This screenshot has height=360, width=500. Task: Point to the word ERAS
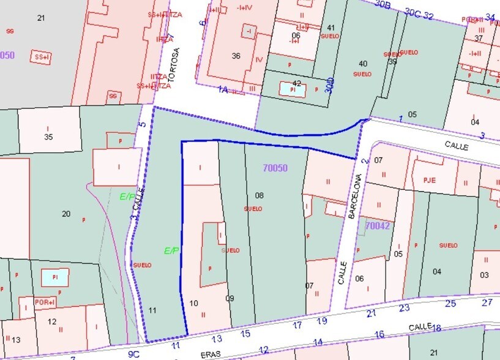coord(211,354)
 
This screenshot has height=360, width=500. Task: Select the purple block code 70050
coord(275,168)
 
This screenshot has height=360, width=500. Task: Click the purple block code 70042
coord(378,226)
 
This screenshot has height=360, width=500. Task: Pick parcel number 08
coord(259,195)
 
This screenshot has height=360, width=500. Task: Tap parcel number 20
coord(66,214)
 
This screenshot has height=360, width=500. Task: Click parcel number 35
coord(48,137)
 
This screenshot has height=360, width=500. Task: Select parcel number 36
coord(236,56)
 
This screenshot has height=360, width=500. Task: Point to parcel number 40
coord(363,64)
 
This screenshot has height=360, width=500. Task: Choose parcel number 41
coord(331,28)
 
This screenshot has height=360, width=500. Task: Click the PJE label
coord(429,181)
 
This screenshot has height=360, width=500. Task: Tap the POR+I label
coord(45,302)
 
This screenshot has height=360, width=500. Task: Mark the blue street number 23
coord(404,308)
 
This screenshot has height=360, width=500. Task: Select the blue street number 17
coord(297,325)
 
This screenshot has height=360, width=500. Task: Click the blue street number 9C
coord(133,353)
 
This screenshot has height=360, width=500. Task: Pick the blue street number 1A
coord(223,89)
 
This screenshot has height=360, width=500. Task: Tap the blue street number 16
coord(379,334)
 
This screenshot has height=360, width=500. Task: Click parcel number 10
coord(194,302)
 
